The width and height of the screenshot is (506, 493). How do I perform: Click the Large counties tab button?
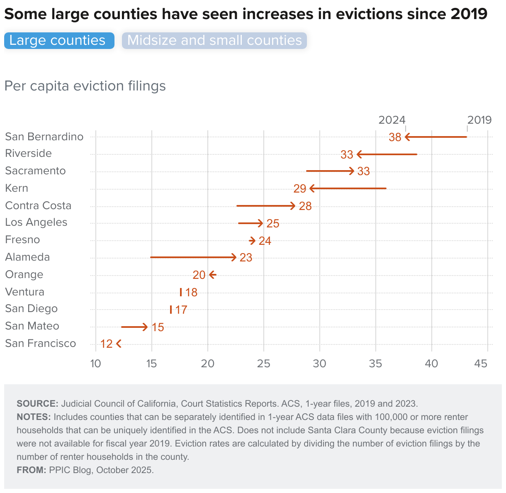point(59,41)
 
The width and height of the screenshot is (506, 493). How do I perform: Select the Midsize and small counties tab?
point(214,41)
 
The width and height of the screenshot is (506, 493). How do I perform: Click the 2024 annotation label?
point(392,120)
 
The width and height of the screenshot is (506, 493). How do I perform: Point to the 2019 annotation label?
point(479,120)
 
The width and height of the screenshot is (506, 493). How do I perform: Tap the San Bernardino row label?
point(44,137)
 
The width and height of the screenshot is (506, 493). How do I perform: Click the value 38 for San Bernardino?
point(395,137)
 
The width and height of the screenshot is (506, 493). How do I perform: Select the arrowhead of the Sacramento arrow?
point(352,171)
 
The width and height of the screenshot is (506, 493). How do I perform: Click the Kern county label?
point(17,188)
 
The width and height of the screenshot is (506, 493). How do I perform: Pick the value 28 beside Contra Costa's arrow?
point(305,206)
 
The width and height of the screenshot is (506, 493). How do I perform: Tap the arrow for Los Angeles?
point(251,224)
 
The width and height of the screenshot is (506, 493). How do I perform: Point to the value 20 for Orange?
point(199,275)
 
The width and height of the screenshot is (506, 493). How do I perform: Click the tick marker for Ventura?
point(181,292)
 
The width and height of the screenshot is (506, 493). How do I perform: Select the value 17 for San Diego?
point(181,310)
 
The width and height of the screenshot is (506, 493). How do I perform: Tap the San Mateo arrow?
point(134,327)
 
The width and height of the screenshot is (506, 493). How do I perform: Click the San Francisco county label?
point(41,344)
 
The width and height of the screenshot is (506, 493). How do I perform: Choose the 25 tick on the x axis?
point(263,364)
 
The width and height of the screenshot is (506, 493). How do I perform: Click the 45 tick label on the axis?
point(481,364)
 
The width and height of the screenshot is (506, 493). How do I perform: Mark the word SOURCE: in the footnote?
point(37,404)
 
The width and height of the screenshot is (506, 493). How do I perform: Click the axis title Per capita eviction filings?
point(85,86)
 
